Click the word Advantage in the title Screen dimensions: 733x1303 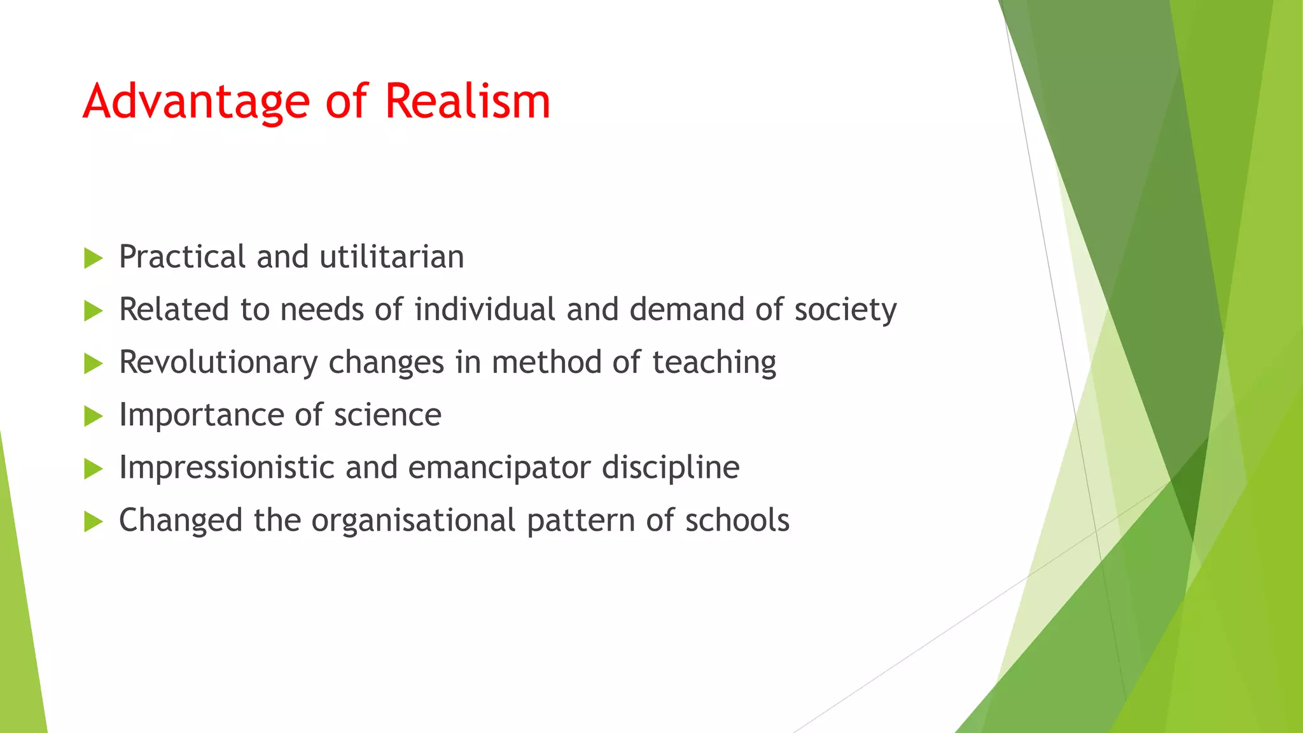(196, 102)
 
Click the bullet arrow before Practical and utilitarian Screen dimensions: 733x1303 (93, 258)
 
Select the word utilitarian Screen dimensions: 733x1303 (391, 257)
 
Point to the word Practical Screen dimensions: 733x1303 (181, 257)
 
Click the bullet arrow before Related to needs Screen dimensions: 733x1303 (93, 311)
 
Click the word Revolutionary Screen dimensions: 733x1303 (218, 363)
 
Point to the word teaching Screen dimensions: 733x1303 (714, 363)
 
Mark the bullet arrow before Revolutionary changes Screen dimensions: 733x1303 (93, 364)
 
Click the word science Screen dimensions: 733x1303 (387, 415)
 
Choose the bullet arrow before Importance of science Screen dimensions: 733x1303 (93, 417)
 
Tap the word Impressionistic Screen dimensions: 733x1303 (226, 468)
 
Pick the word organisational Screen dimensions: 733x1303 (413, 521)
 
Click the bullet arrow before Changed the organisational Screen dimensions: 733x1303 (93, 522)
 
